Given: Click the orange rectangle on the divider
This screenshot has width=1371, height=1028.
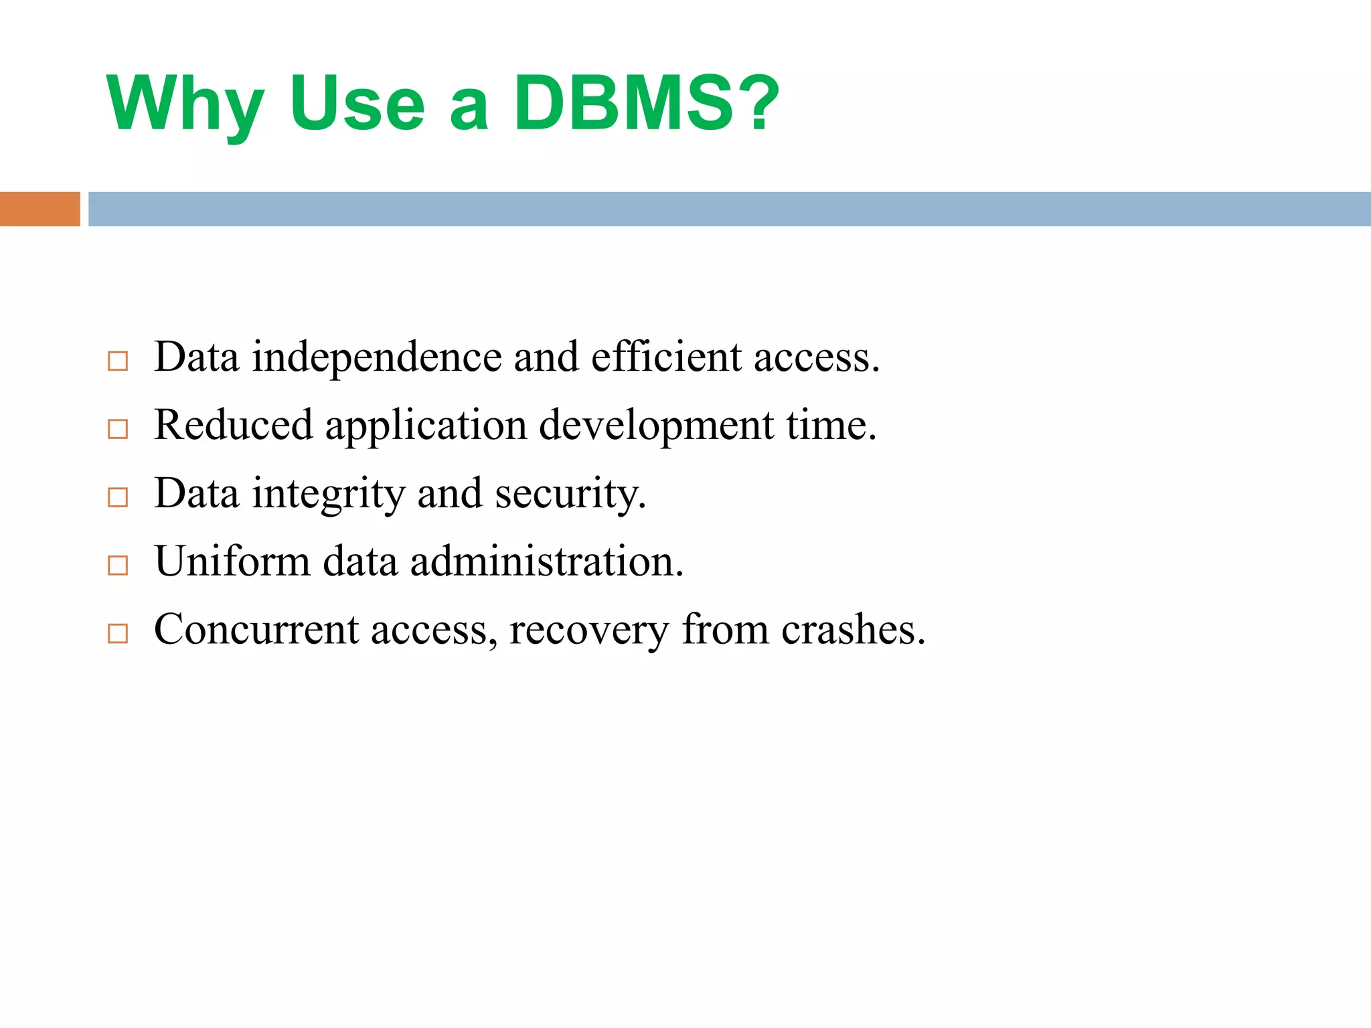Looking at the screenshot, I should (x=39, y=209).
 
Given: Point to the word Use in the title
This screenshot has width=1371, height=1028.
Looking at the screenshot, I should (x=357, y=104).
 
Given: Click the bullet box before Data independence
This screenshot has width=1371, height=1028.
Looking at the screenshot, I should (x=118, y=361).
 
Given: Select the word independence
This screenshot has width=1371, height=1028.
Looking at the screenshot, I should (x=376, y=357).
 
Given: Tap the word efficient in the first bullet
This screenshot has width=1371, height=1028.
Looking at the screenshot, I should (x=666, y=356).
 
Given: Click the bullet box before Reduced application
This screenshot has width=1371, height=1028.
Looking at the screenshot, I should (x=118, y=429).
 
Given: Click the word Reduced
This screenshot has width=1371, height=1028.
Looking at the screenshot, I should (x=233, y=425).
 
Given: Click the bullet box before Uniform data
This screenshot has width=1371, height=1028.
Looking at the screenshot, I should (x=118, y=566).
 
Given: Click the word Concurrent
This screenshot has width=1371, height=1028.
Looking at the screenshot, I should (x=256, y=630).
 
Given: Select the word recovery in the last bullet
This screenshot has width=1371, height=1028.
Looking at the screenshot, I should (x=588, y=631).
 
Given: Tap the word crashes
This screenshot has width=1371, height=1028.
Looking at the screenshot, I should (x=853, y=630).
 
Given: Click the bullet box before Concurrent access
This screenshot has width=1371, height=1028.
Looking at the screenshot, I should (x=118, y=633).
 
